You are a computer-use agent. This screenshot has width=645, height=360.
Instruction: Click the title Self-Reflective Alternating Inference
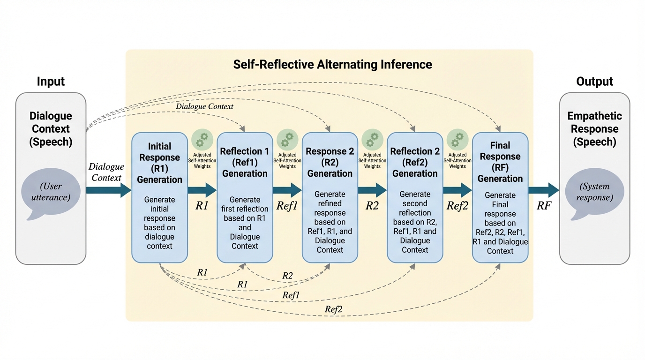332,64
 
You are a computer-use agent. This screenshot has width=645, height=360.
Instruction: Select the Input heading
51,82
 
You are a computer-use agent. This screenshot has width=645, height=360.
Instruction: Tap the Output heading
594,82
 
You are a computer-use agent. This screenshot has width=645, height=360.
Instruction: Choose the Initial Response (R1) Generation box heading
159,163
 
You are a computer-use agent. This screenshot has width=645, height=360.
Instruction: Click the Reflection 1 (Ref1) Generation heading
245,162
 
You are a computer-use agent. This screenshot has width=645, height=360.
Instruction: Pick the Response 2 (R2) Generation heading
330,162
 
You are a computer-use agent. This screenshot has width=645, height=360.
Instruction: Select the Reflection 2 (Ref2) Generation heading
415,162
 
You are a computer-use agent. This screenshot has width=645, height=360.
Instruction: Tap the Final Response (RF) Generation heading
500,162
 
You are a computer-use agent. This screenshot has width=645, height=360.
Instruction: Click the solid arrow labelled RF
544,190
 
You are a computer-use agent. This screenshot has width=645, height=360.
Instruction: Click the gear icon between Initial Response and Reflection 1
202,140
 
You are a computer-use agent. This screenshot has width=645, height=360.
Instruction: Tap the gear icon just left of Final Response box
457,140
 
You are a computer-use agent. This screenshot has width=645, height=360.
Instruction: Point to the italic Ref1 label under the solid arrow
287,205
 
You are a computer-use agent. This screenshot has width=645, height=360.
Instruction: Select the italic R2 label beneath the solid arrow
372,205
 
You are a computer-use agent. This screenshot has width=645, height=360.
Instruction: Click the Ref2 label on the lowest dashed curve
333,309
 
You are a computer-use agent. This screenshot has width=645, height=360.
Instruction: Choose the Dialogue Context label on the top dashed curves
204,106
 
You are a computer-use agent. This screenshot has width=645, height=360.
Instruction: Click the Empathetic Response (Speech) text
594,129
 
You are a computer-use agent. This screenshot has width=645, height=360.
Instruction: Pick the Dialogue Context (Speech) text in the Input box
51,129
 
